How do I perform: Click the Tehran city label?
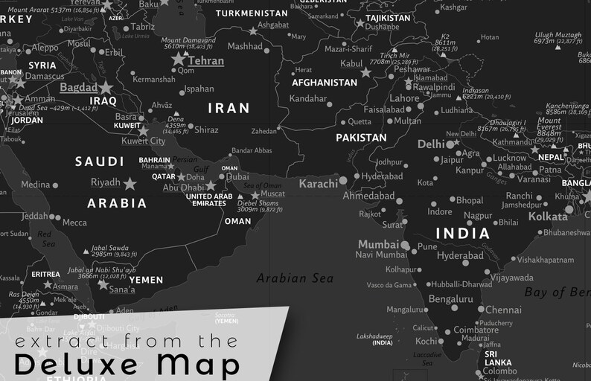coord(205,61)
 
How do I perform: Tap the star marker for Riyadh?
coord(130,183)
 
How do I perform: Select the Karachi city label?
coord(318,183)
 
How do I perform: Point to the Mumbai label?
coord(378,244)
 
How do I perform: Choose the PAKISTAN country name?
coord(361,138)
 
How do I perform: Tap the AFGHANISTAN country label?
coord(325,83)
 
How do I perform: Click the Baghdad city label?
coord(78,87)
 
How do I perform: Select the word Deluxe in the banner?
coord(75,365)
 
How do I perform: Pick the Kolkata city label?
coord(548,217)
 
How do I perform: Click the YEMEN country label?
coord(146,281)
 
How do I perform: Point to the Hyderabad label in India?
coord(460,255)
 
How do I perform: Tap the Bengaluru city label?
coord(450,299)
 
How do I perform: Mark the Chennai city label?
coord(503,310)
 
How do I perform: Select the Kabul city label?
coord(351,64)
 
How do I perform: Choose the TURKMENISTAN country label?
coord(252,13)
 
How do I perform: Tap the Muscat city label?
coord(272,194)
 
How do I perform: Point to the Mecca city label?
coord(74,222)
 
